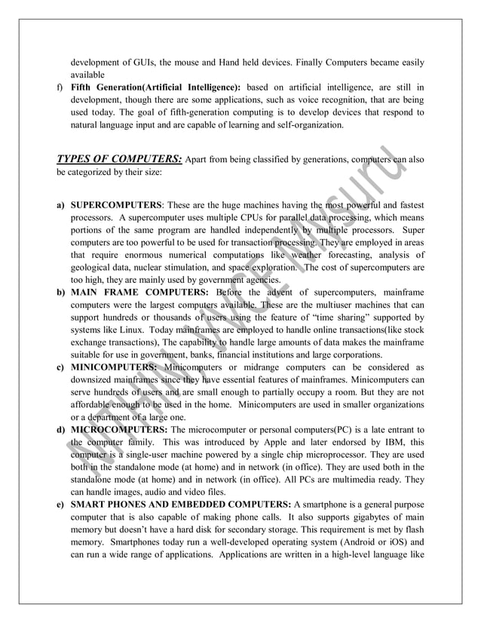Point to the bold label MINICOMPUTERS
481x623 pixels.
114,367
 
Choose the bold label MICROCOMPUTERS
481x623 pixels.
118,429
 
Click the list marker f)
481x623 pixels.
58,88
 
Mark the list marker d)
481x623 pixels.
59,429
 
